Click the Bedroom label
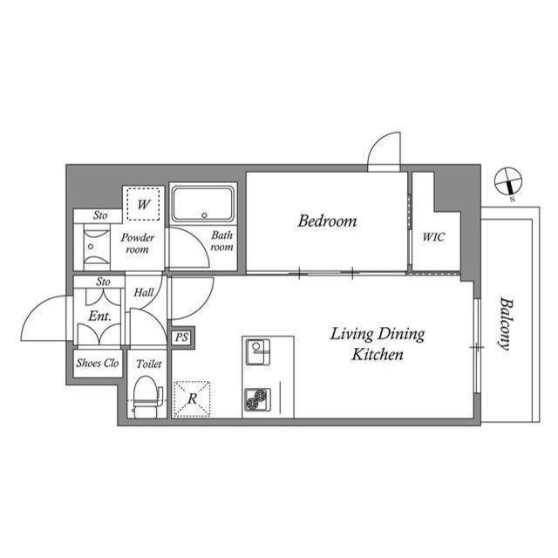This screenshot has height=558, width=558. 327,221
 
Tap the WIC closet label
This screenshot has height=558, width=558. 433,237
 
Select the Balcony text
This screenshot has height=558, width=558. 506,323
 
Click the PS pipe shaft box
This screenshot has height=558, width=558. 182,337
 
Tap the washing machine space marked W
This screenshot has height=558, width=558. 143,204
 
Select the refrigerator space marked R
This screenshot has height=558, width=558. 192,398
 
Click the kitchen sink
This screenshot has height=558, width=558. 258,352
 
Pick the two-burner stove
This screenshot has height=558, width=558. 258,399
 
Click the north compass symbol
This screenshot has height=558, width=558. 508,182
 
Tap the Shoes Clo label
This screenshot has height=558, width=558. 98,363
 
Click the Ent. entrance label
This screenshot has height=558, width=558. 99,316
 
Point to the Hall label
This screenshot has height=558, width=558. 143,293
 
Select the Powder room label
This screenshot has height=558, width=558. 138,243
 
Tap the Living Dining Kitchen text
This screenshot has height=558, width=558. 378,344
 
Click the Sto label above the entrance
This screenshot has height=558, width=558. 103,282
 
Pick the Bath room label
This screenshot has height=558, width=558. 221,241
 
